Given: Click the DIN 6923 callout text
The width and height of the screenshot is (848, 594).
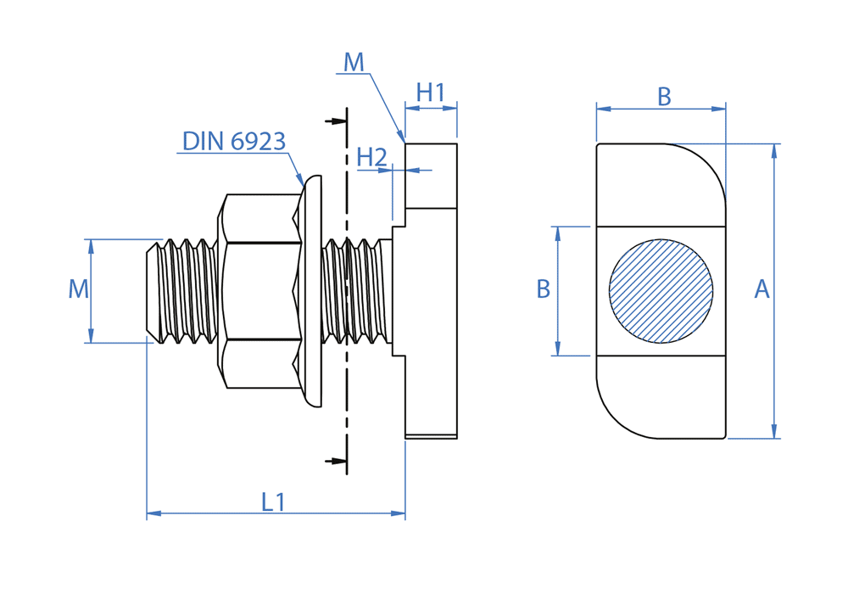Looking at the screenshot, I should pos(234,141).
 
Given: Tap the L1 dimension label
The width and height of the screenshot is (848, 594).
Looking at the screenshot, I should pos(273,502).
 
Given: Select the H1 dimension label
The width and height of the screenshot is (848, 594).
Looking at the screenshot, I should pos(431,92).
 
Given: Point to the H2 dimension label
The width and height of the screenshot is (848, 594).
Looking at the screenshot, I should pos(371,157).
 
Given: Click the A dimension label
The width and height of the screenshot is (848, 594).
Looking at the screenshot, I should pos(762,289).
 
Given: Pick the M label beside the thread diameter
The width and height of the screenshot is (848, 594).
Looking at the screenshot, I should pos(78,289).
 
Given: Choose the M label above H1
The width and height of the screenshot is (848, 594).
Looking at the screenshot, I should pos(354,62).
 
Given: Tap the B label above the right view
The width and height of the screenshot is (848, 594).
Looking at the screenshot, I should pos(664,98).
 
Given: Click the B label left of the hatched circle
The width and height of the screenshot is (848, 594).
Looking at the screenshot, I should pos(544,289).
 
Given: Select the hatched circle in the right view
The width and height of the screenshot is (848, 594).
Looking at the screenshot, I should pos(661,291).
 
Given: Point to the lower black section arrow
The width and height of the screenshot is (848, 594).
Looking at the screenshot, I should pos(337,462).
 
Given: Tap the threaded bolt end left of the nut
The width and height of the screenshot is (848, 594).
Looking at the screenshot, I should pos(179,291).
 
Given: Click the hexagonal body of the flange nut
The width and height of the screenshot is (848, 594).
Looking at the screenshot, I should pos(259,291).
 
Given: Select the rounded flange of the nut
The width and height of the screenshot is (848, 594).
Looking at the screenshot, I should pos(311,291).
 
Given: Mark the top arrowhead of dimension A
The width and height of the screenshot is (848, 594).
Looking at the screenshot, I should pos(773,150).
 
